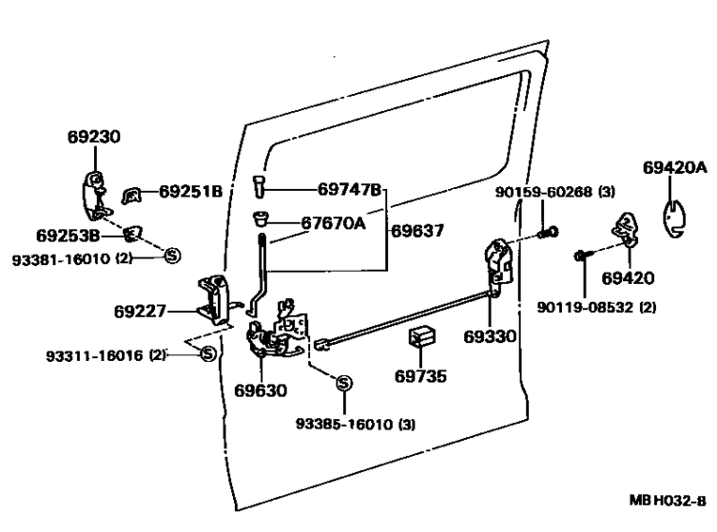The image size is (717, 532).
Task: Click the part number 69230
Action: coord(94,137)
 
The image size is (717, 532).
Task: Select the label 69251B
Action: coord(191,191)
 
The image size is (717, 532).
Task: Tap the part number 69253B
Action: coord(68,236)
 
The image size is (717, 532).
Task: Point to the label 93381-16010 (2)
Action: coord(72,259)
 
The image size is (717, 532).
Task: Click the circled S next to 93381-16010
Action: coord(172,256)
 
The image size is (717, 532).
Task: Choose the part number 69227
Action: coord(140,312)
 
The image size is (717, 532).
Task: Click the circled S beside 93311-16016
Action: coord(208,353)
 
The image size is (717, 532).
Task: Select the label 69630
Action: coord(261,390)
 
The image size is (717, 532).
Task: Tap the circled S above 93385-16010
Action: coord(344,383)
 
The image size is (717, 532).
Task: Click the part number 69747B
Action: coord(349,189)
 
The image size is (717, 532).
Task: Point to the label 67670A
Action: coord(334,223)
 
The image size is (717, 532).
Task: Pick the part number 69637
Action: coord(417,231)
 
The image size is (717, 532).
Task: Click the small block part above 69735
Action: coord(421,336)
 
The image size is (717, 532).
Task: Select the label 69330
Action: coord(490,336)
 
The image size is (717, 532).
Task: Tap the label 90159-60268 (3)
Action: coord(555,192)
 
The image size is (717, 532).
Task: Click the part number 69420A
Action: coord(675,167)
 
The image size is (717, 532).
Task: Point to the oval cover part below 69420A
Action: coord(674,219)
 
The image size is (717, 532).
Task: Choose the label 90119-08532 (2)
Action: coord(596,308)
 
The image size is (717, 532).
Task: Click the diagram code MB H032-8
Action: coord(668,500)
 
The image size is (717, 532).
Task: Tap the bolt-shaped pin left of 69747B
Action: coord(259,186)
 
